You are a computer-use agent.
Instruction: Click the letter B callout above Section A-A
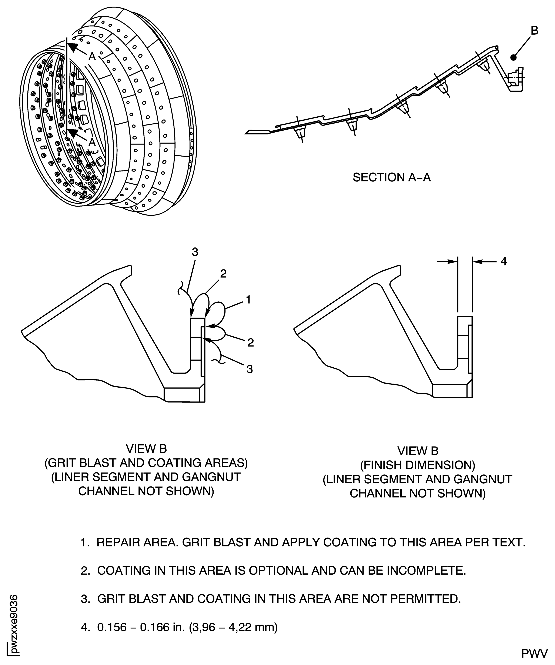tap(534, 31)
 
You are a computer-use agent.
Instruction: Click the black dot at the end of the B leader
tap(513, 58)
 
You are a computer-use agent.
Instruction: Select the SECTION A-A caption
tap(391, 177)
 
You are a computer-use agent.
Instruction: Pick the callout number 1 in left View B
tap(248, 299)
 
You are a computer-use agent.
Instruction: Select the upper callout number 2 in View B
tap(223, 274)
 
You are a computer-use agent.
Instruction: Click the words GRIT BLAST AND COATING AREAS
tap(146, 463)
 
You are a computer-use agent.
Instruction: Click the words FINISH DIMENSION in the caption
tap(418, 465)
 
